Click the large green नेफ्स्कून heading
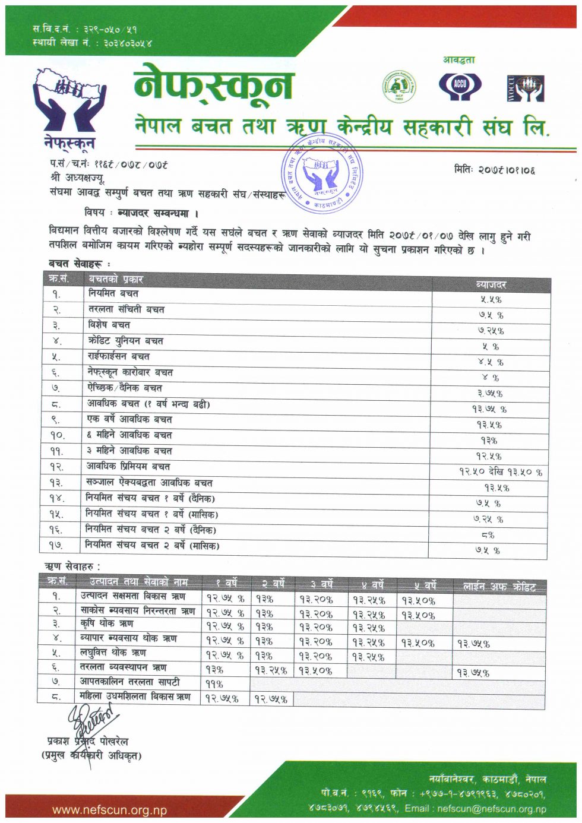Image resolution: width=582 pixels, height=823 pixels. coord(214,83)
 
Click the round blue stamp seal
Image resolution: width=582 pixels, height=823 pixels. coord(321,173)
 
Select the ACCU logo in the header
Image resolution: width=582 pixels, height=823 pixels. coord(460,86)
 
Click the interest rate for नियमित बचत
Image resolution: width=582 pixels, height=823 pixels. coord(491,300)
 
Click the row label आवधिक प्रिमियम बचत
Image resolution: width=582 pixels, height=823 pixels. coord(128,466)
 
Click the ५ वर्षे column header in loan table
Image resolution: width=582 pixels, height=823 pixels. coord(425,585)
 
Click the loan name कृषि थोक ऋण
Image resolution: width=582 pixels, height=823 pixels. coord(107,623)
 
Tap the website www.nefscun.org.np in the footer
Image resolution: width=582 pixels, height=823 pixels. coord(109,809)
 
